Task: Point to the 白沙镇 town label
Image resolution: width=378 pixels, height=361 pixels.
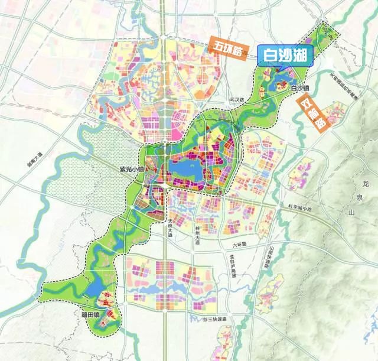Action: coord(301,89)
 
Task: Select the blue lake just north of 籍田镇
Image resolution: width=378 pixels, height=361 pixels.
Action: coord(93,289)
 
